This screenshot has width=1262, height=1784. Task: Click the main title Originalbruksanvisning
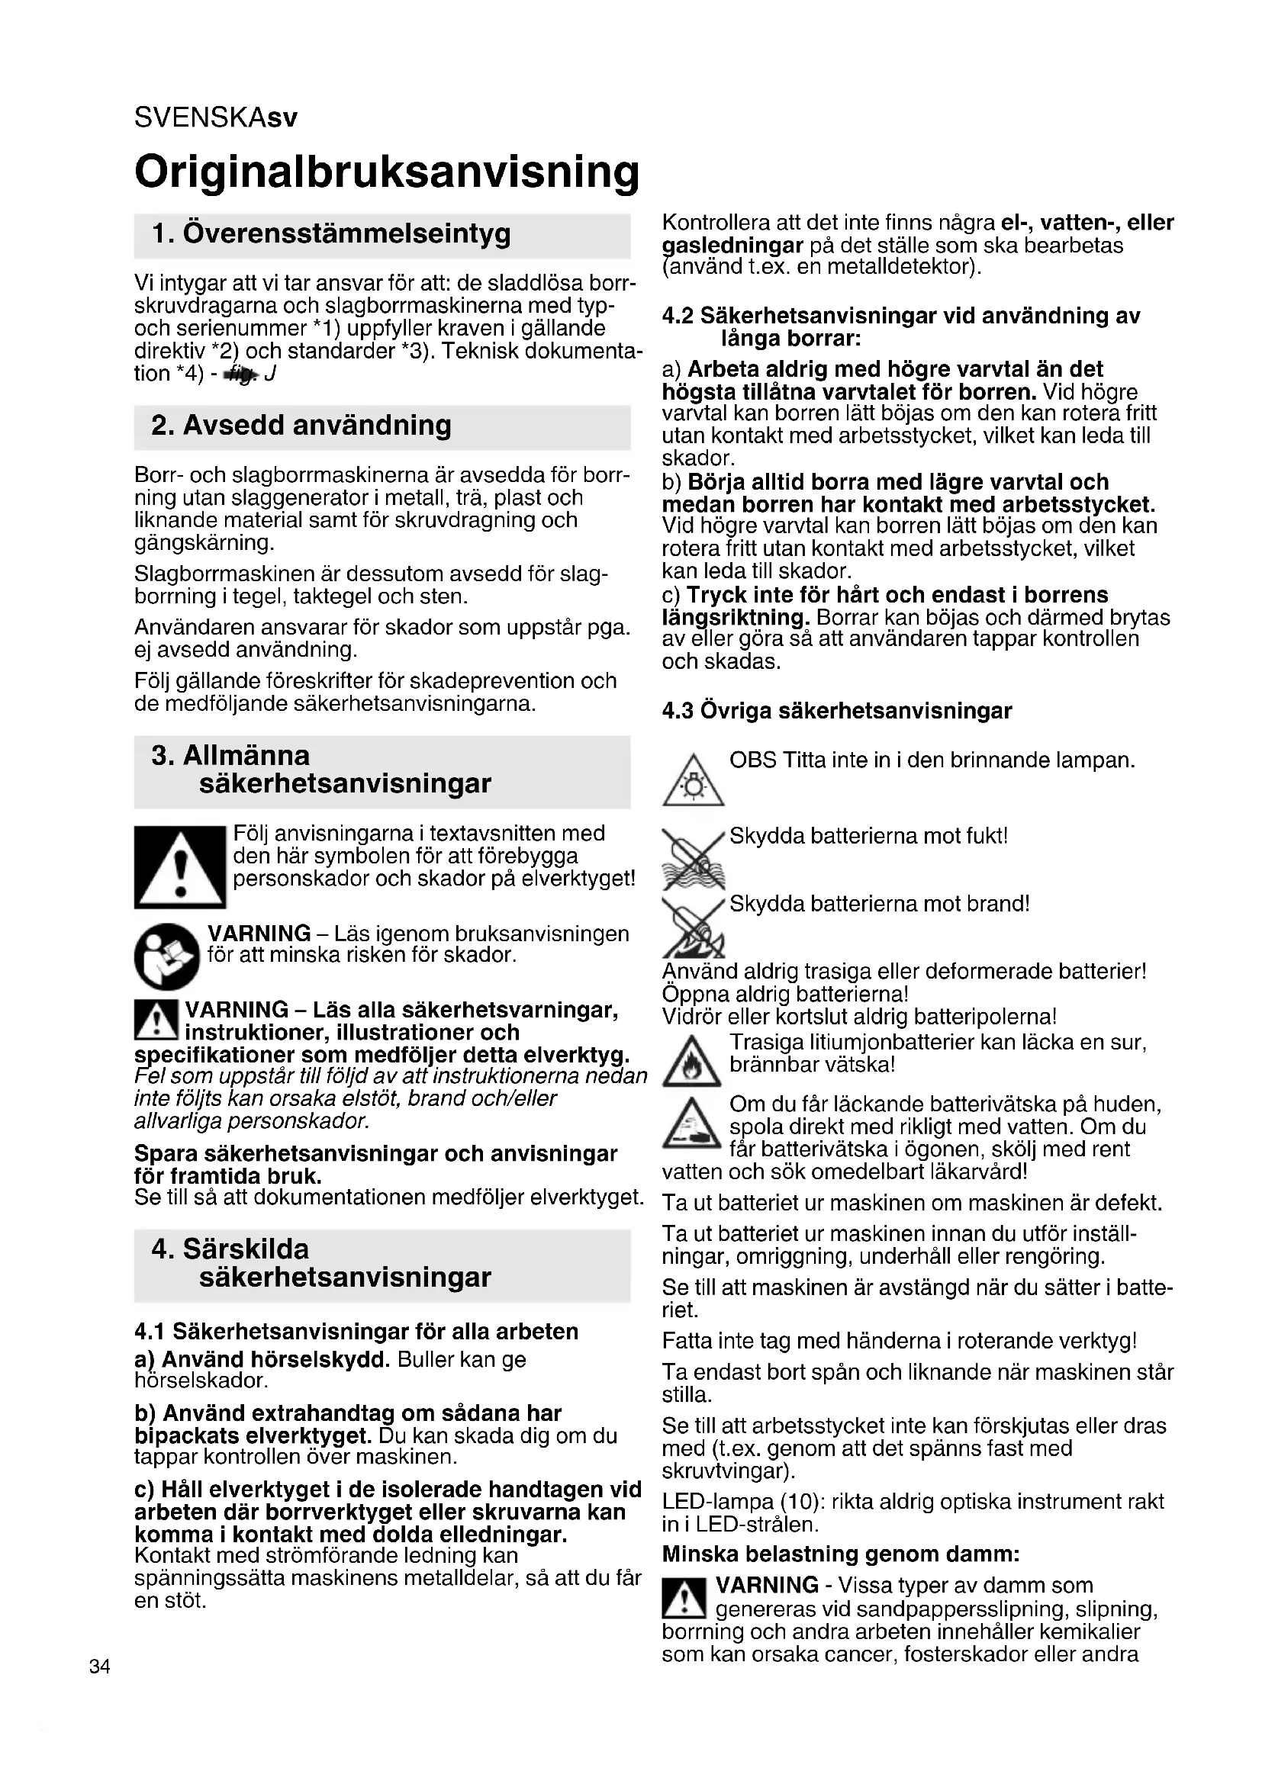tap(386, 172)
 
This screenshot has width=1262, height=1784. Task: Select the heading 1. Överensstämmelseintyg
tap(331, 234)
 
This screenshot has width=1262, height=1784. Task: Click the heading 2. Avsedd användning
tap(301, 426)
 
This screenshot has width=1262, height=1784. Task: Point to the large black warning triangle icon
tap(179, 867)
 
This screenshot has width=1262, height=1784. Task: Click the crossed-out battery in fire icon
tap(693, 926)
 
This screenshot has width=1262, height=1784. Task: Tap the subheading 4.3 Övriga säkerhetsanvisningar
tap(836, 711)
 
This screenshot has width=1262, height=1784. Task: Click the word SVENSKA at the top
tap(200, 118)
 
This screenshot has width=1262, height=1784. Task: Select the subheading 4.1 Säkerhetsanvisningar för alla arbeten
tap(356, 1331)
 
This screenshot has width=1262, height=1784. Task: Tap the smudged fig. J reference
tap(249, 374)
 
